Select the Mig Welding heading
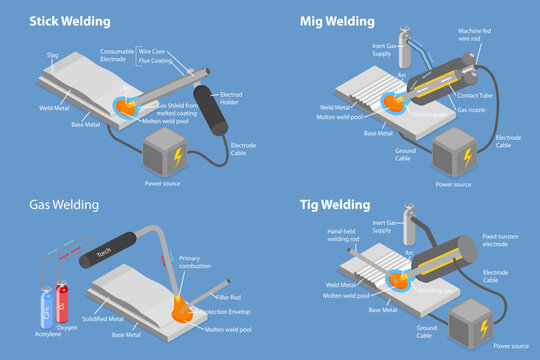(337, 20)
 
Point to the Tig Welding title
(335, 205)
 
